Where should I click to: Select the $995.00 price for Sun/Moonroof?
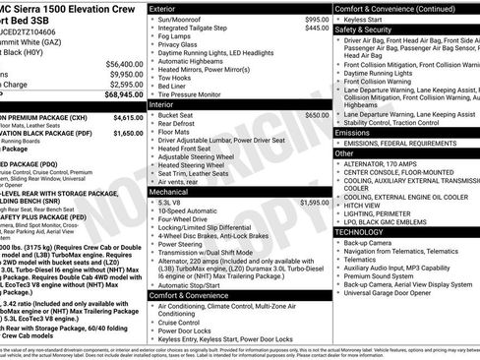[x=312, y=19]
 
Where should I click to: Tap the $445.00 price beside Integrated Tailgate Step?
[x=312, y=29]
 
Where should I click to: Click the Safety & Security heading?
[x=363, y=30]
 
